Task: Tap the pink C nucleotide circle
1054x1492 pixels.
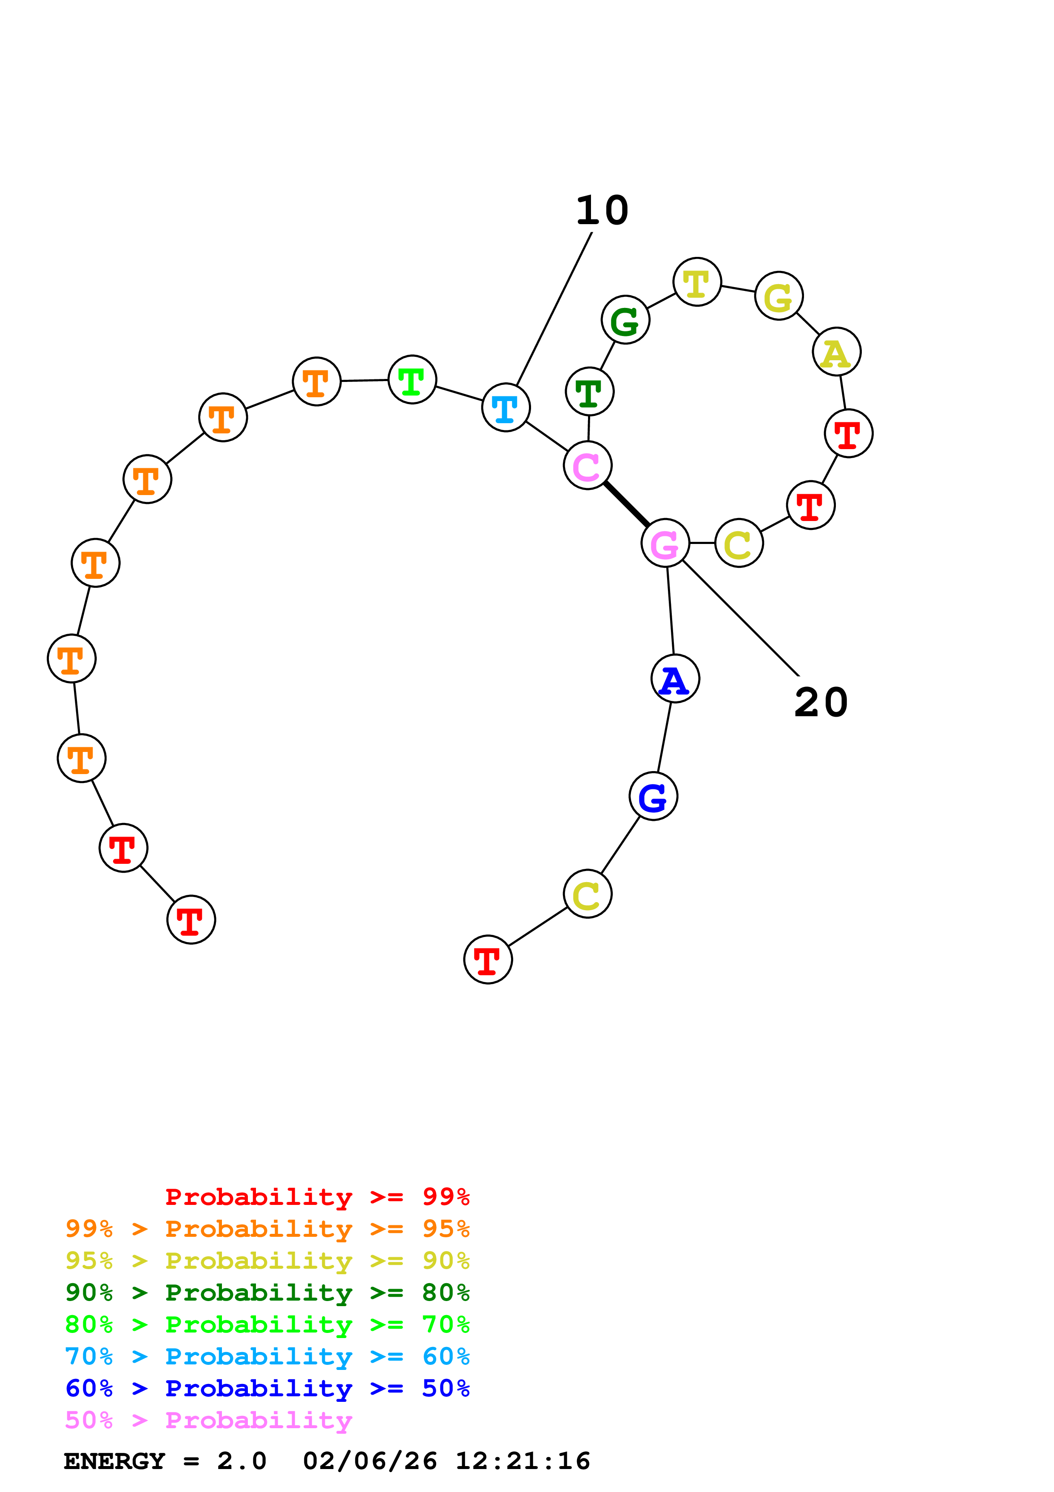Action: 588,465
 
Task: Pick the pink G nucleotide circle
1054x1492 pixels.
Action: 665,543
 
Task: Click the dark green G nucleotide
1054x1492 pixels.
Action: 625,320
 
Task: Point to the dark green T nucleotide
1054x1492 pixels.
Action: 590,391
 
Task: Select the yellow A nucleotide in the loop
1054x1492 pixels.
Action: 836,352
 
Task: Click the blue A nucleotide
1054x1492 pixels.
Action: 676,679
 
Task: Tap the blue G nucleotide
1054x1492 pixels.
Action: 653,796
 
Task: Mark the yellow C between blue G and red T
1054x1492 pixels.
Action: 588,894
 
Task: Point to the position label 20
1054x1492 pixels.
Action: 821,703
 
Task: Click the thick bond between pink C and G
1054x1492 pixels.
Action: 626,504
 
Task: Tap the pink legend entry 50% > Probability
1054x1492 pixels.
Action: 208,1421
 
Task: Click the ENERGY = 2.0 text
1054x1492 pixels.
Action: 165,1461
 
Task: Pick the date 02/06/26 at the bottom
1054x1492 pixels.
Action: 369,1461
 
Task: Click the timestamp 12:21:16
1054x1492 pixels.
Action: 523,1461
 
